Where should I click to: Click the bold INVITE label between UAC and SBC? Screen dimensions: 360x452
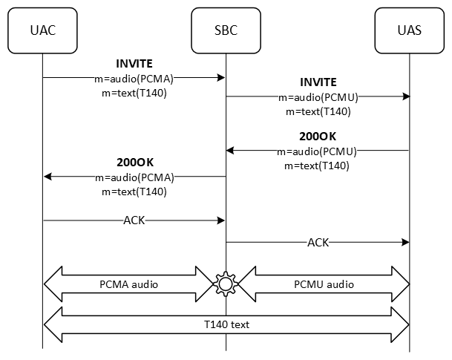(134, 63)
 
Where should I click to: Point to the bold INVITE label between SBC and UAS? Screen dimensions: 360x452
(318, 82)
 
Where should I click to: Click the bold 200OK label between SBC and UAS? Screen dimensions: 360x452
(318, 137)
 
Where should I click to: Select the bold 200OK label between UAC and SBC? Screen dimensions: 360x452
(134, 162)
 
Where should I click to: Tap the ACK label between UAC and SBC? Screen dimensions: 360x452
(134, 220)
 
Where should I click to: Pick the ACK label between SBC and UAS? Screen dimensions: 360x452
(318, 242)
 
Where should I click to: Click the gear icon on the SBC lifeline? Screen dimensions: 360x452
(226, 284)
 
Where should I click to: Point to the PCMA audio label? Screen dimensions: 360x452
(128, 284)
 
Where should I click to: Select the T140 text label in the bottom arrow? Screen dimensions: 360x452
(226, 324)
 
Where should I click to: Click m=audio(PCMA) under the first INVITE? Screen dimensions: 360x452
(134, 76)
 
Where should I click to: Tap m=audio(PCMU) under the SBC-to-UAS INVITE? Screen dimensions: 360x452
(318, 96)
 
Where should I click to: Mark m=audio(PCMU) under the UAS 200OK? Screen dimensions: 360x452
(318, 151)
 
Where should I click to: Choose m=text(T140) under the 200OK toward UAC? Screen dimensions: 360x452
(134, 191)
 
